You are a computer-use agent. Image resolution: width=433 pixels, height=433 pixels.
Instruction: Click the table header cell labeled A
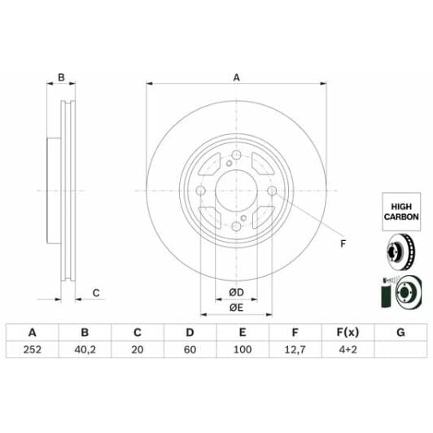click(33, 332)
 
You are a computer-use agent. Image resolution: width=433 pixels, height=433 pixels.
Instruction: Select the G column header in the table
click(400, 332)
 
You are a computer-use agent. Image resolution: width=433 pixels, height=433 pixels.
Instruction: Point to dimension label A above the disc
click(236, 78)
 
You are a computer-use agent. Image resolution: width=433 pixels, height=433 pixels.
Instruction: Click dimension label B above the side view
click(61, 78)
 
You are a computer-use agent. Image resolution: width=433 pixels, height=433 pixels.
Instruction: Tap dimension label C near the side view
click(96, 292)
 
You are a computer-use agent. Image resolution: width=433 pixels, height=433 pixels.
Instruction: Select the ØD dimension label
click(236, 291)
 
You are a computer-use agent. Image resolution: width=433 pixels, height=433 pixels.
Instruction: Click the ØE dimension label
click(236, 307)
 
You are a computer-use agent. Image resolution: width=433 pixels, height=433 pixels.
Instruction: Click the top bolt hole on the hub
click(236, 157)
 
